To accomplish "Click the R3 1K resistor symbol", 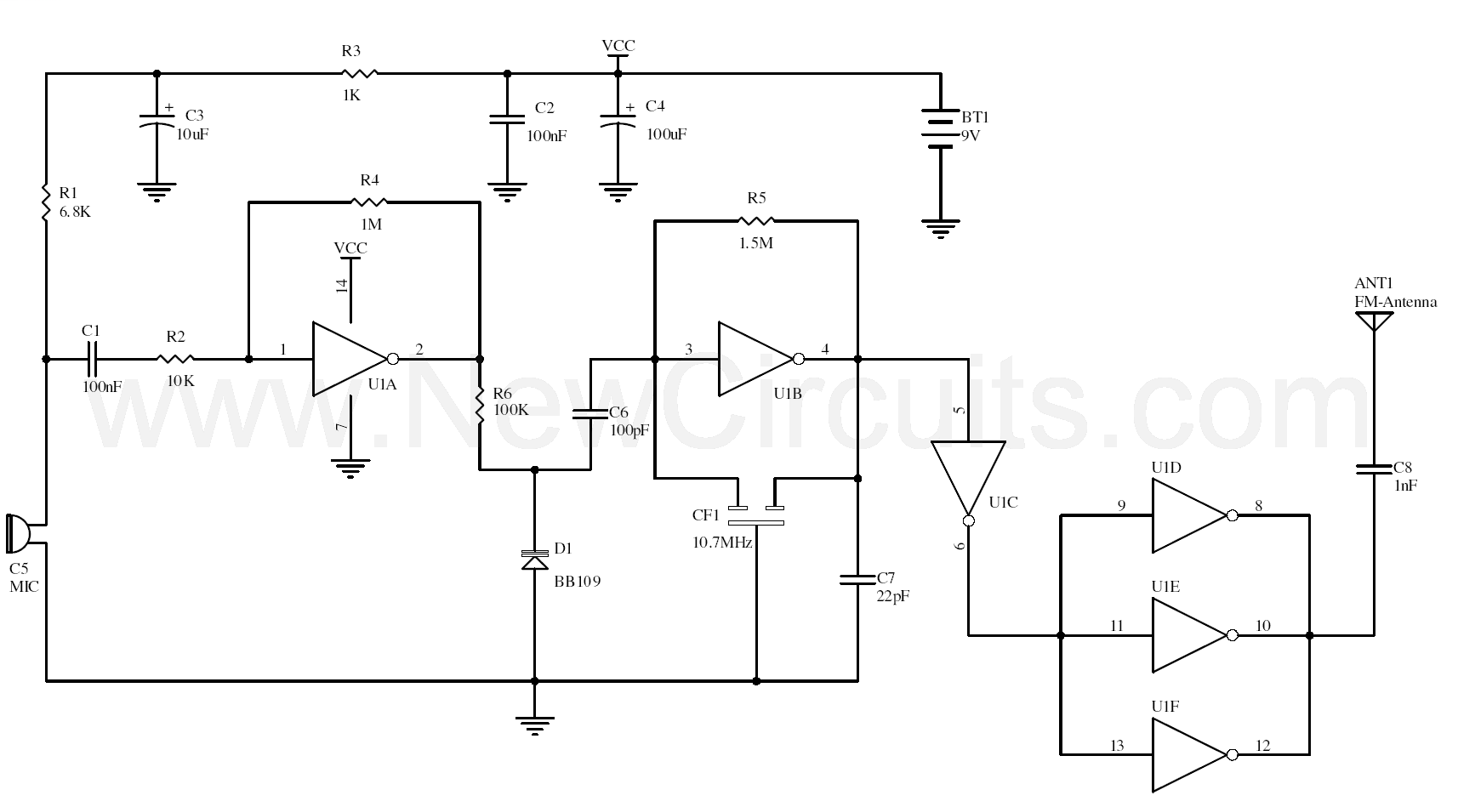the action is point(359,73).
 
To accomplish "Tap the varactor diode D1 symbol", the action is point(534,560).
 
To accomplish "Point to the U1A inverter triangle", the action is point(350,359).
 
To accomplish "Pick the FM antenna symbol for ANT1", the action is point(1374,321).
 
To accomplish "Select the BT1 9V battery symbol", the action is point(940,128).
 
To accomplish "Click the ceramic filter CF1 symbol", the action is point(755,514).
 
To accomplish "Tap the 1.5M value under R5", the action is point(755,243).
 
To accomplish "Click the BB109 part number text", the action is point(578,581).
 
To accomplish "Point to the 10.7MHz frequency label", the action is point(722,543).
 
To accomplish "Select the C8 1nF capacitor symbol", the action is point(1374,469).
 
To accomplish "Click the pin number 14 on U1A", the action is point(342,285).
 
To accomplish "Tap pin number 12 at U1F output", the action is point(1262,745).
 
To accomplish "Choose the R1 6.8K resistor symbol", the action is point(46,202).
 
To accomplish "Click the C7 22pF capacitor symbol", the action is point(857,579).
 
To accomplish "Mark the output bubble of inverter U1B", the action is point(800,359).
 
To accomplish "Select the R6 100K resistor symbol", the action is point(480,407).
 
